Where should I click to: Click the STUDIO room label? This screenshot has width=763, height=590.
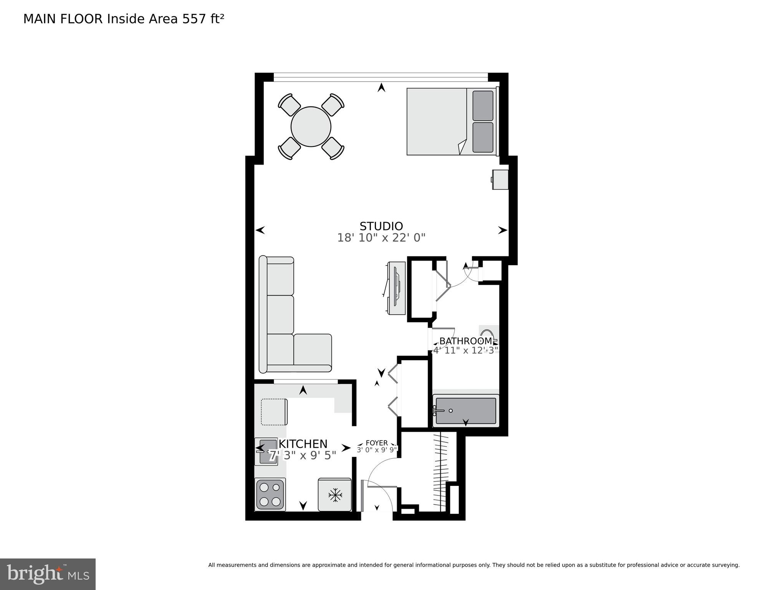click(x=381, y=226)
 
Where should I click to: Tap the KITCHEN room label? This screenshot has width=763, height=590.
click(x=303, y=444)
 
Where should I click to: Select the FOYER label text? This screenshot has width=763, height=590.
click(x=376, y=443)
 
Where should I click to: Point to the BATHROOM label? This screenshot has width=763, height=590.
click(x=465, y=341)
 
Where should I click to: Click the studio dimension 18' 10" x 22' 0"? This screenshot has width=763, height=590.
click(x=381, y=238)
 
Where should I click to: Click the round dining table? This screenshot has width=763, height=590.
click(x=311, y=126)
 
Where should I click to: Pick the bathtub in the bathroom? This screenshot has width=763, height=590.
click(x=466, y=411)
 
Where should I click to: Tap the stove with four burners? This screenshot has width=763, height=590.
click(x=270, y=494)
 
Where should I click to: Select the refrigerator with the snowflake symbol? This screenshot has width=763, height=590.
click(x=335, y=495)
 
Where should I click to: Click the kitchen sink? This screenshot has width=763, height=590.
click(x=266, y=452)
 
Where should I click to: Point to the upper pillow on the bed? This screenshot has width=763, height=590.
click(x=483, y=106)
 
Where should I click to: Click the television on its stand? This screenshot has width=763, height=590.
click(x=396, y=288)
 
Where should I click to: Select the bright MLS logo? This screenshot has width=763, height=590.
click(x=47, y=574)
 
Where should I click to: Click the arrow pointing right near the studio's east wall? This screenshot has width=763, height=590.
click(x=502, y=230)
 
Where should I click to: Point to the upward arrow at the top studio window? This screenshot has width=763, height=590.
click(x=381, y=88)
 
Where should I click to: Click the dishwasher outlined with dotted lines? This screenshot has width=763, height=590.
click(x=274, y=412)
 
